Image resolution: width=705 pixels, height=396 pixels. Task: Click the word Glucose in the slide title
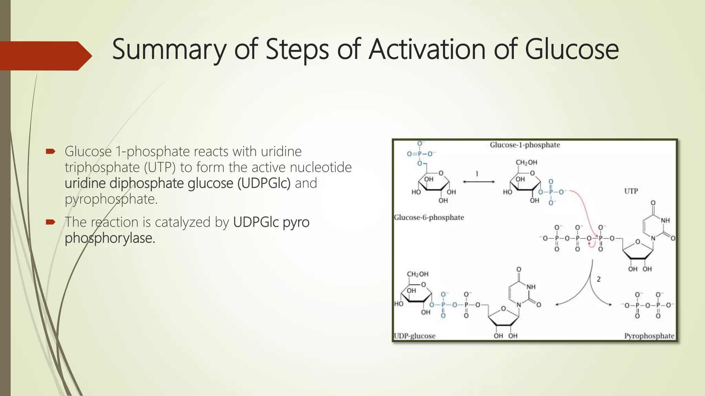click(572, 49)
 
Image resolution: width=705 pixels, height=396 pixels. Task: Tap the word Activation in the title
click(427, 49)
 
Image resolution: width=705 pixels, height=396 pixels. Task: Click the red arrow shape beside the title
click(45, 56)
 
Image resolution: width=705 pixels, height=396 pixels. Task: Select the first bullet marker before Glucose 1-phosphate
click(51, 151)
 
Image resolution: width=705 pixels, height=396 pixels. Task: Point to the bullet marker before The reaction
click(51, 222)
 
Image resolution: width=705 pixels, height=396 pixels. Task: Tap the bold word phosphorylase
click(110, 238)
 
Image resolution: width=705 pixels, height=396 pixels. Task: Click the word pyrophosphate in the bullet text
click(111, 199)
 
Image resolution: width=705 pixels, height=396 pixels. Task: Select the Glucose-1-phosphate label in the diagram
click(525, 145)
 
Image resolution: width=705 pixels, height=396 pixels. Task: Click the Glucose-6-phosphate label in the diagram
click(429, 217)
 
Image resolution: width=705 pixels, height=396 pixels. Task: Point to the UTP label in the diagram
click(631, 191)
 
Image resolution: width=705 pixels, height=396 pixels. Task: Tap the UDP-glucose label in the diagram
click(414, 336)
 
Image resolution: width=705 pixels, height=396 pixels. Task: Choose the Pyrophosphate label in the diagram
click(649, 336)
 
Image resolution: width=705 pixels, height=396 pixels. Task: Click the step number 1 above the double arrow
click(477, 174)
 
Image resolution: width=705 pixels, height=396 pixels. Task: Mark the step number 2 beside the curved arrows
click(599, 279)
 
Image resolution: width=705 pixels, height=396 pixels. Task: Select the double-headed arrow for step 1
click(478, 182)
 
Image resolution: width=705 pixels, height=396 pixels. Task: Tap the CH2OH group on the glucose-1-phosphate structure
click(526, 163)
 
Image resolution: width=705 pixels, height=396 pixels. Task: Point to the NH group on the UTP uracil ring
click(665, 220)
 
